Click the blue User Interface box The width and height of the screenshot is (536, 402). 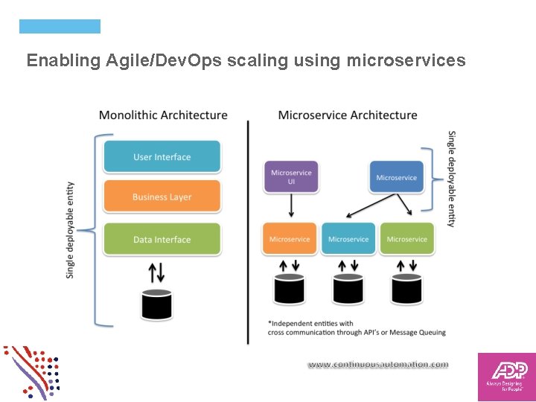coord(162,157)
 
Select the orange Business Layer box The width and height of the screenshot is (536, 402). coord(162,197)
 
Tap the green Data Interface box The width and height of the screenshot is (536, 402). coord(162,239)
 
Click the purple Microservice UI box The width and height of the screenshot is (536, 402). coord(291,177)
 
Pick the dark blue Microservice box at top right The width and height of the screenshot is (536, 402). coord(396,177)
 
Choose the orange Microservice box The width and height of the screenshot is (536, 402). coord(290,239)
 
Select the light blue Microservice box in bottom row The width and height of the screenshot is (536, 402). coord(348,239)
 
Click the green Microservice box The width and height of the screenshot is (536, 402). coord(406,239)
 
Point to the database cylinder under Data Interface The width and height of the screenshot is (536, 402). coord(157,303)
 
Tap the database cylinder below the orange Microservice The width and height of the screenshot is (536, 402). coord(290,288)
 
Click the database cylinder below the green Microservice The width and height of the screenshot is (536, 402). coord(406,288)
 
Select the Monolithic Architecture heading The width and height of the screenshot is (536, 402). coord(163,115)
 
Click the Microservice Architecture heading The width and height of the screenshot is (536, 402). coord(347,115)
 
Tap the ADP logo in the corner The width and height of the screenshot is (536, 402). coord(506,377)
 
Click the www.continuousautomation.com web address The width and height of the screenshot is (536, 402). coord(378,365)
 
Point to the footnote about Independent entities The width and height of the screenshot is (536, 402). coord(356,328)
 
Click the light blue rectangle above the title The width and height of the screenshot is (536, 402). coord(60,27)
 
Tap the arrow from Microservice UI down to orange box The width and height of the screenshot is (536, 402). coord(291,206)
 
